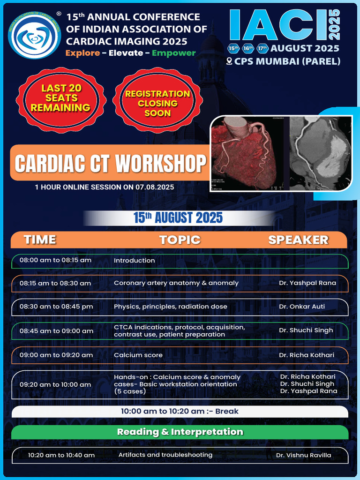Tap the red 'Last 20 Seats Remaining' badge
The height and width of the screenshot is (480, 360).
[61, 98]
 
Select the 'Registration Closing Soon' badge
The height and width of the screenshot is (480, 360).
[157, 103]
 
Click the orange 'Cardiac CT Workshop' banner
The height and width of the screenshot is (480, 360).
[110, 163]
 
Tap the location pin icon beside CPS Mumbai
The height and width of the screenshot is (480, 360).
[229, 61]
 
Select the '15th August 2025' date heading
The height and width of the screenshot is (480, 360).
[178, 218]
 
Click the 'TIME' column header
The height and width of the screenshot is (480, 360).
[40, 240]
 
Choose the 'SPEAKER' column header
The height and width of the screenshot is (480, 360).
[298, 240]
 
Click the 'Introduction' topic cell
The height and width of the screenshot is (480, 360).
[135, 261]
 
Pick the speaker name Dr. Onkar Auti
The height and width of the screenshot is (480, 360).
[302, 307]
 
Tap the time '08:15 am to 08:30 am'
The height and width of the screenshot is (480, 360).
[55, 284]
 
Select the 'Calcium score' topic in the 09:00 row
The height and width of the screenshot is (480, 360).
[138, 355]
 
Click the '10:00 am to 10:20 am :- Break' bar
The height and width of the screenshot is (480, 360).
[180, 411]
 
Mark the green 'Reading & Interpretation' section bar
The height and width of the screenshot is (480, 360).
[180, 432]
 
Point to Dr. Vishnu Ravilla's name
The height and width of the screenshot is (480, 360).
[303, 455]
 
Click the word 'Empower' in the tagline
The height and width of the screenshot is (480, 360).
[173, 53]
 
